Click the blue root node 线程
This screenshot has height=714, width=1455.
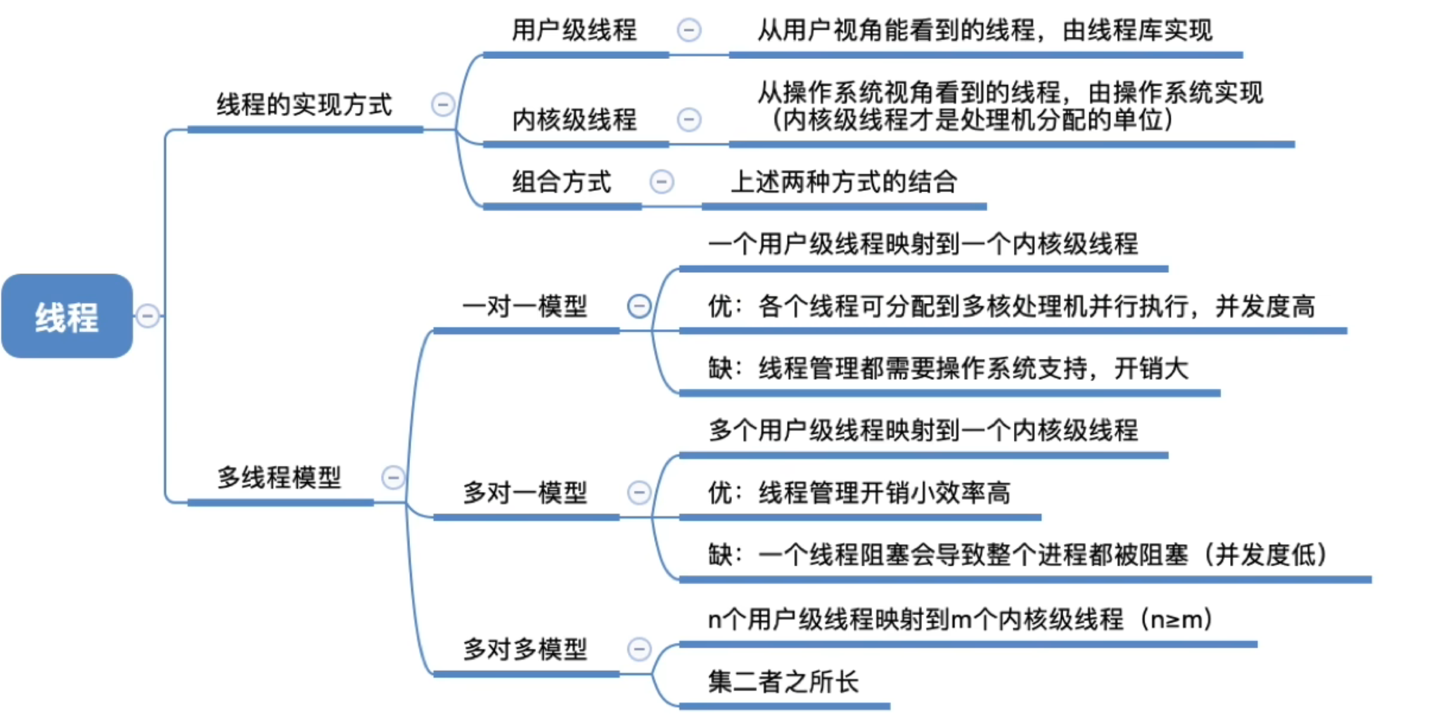(67, 316)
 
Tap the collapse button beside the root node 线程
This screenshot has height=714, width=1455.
(148, 316)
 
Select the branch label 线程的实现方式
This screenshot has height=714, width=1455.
(304, 105)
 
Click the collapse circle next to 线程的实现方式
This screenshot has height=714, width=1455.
(442, 105)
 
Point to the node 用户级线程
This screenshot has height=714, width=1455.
(574, 30)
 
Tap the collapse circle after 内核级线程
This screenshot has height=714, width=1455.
(689, 119)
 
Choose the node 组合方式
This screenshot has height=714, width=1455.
(561, 182)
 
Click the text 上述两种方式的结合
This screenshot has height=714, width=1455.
(843, 182)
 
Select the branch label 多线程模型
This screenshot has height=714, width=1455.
(279, 477)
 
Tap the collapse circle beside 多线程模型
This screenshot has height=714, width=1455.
(393, 477)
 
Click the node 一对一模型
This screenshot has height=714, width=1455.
(525, 306)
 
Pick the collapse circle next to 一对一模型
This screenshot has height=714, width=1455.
(639, 306)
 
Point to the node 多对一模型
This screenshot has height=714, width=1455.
(525, 493)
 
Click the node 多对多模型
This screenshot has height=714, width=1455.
(525, 649)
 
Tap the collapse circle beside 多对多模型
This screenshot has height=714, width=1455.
(639, 649)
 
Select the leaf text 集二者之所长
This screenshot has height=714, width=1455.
(783, 682)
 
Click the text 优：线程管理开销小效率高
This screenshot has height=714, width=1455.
(859, 493)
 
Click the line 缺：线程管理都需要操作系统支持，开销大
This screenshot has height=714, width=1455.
(948, 368)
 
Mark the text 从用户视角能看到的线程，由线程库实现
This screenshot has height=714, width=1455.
(985, 30)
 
